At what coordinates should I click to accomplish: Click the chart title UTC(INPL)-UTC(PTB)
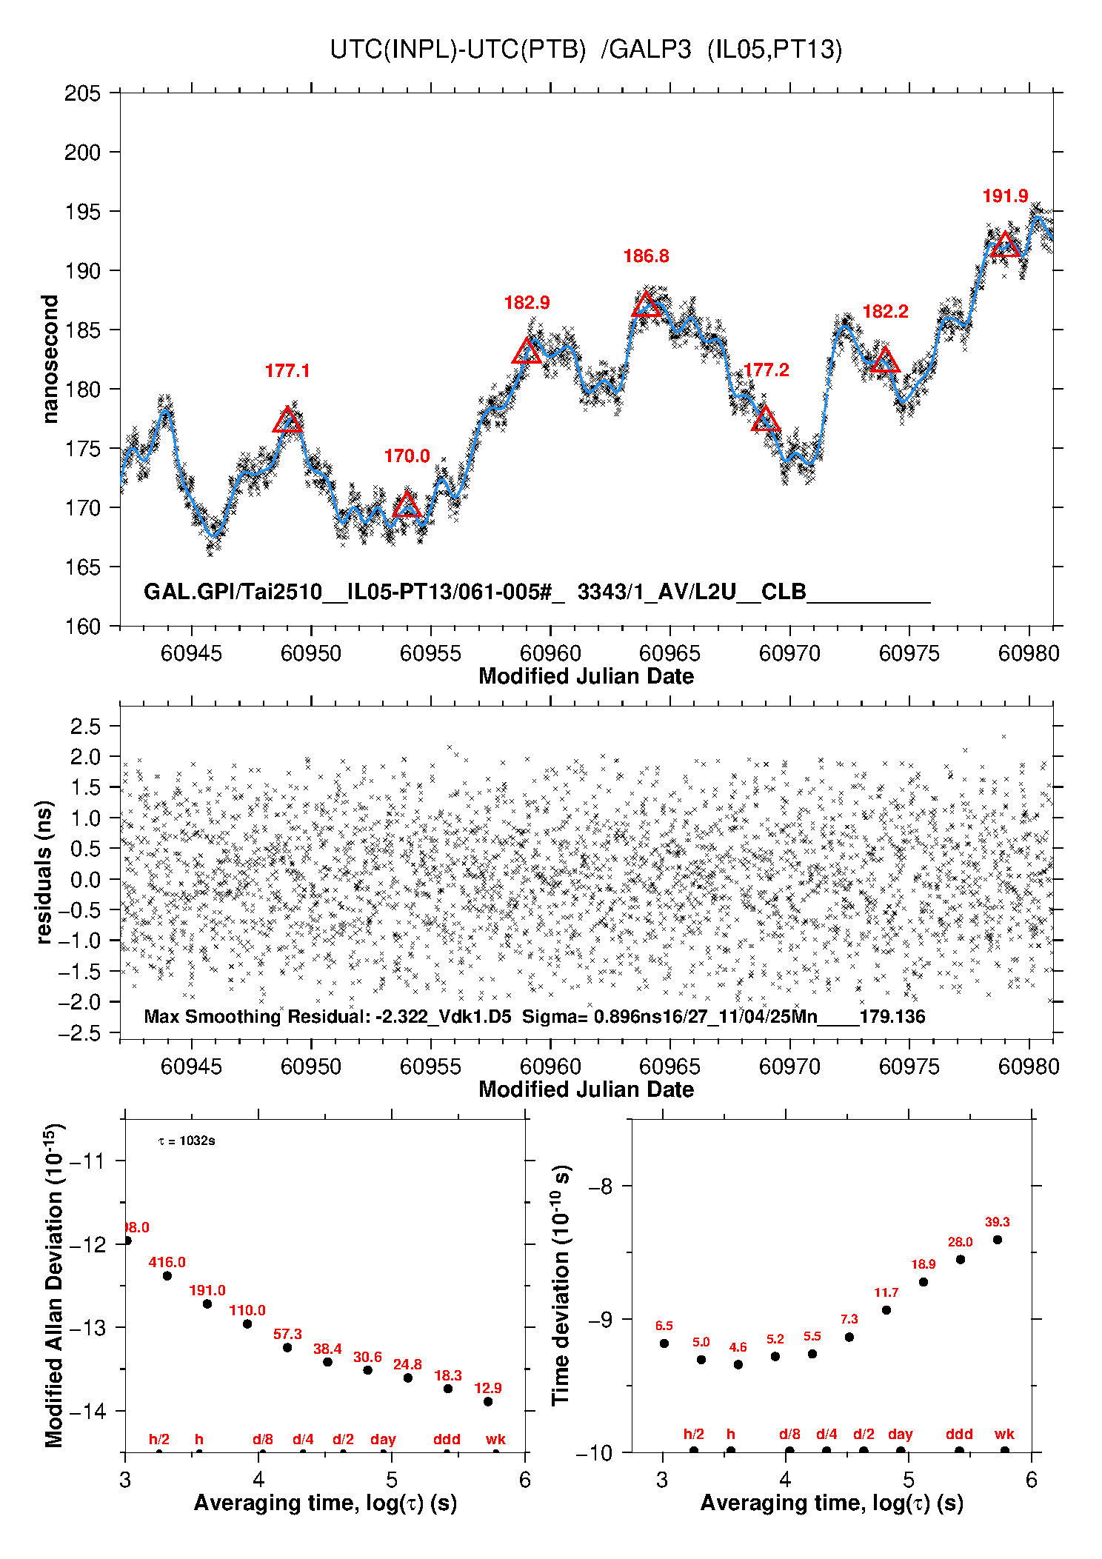tap(458, 50)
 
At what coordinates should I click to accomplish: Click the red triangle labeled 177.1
tap(287, 421)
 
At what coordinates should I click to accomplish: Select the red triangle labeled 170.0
tap(407, 507)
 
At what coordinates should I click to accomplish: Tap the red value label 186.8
tap(646, 256)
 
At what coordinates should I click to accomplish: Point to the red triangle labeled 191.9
tap(1005, 245)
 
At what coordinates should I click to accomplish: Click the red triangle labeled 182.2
tap(885, 361)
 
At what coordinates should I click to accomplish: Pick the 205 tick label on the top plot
tap(82, 93)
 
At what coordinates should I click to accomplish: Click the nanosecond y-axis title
tap(50, 359)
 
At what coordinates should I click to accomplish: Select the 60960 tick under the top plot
tap(550, 653)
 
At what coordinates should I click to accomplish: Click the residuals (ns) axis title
tap(44, 872)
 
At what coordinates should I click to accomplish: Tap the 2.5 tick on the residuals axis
tap(85, 726)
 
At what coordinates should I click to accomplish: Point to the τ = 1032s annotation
tap(187, 1141)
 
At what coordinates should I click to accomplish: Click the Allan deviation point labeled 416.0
tap(167, 1275)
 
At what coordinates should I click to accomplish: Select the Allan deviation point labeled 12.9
tap(488, 1401)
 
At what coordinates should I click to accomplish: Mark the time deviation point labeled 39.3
tap(998, 1240)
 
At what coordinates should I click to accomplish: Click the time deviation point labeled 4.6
tap(738, 1364)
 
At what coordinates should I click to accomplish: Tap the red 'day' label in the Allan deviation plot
tap(383, 1439)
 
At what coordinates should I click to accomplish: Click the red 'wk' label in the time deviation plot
tap(1004, 1434)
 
